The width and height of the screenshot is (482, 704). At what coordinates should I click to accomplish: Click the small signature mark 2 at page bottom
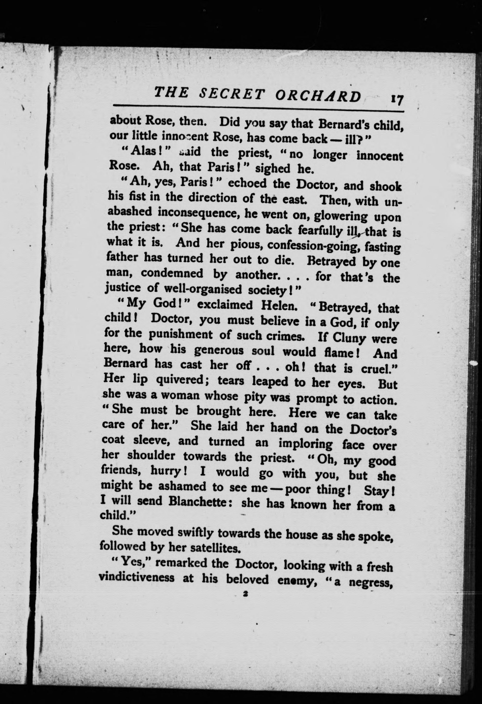(x=244, y=594)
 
